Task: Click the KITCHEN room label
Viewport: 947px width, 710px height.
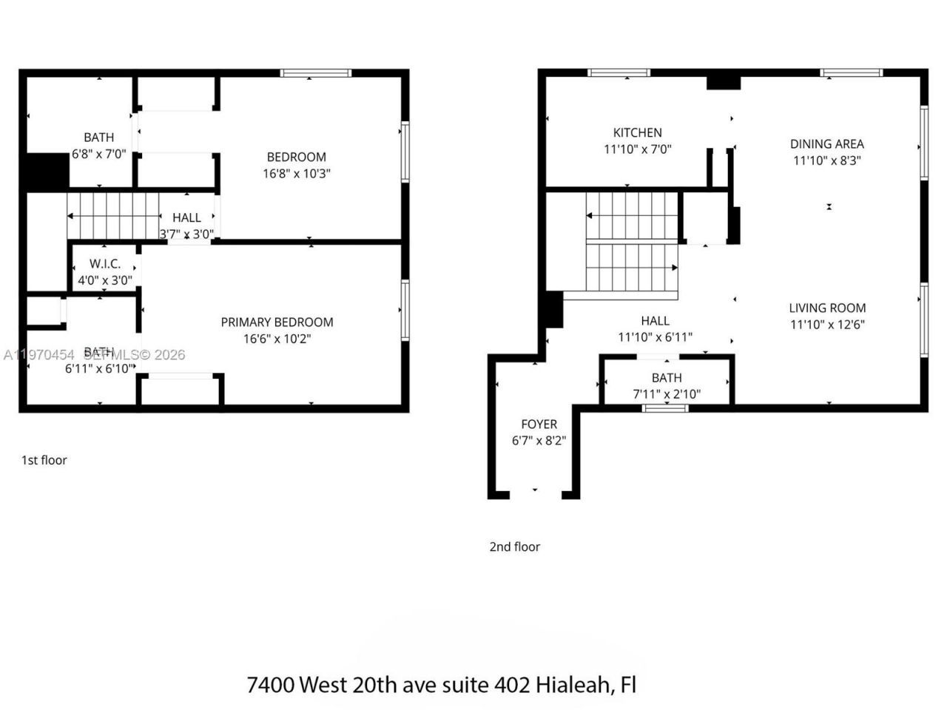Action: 637,133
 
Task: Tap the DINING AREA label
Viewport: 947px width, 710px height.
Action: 826,144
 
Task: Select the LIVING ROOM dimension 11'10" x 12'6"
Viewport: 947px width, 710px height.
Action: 827,324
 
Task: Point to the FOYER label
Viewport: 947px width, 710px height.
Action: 539,425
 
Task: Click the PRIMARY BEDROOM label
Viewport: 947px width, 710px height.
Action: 277,322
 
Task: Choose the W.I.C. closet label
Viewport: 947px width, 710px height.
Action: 104,264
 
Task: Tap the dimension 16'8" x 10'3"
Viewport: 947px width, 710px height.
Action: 296,174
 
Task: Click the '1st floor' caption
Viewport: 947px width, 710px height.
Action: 44,460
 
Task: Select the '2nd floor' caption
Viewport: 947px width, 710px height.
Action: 514,547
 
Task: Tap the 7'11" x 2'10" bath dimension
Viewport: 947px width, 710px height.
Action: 666,394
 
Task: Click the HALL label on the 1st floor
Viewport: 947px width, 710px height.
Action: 186,217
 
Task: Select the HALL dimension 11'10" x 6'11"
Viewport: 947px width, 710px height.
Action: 655,337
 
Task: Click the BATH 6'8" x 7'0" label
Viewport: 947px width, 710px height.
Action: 98,138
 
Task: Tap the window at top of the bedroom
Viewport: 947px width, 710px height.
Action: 315,72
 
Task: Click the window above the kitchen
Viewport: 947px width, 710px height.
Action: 619,72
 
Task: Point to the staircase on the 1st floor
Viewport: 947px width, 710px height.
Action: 112,216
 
